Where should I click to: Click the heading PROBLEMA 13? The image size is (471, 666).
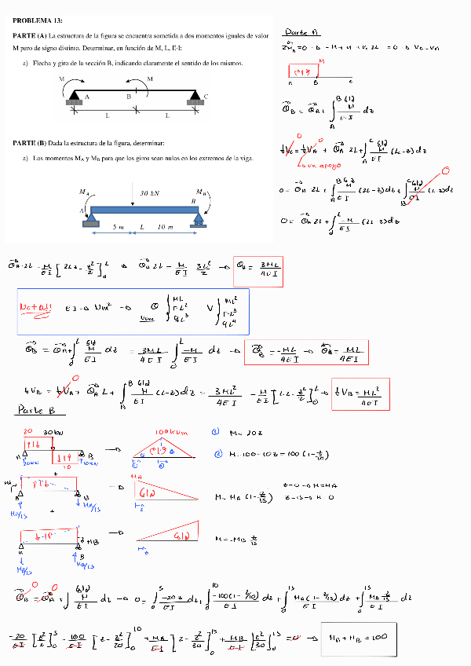38,20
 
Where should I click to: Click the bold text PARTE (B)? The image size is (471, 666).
30,142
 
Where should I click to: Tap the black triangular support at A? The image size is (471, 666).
75,95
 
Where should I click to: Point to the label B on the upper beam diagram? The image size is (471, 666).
129,96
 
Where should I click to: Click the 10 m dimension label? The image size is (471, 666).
166,227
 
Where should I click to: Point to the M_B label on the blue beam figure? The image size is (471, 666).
202,192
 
